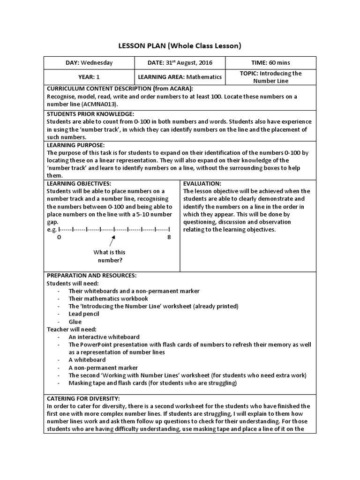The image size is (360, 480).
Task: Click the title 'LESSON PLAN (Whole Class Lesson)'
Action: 180,45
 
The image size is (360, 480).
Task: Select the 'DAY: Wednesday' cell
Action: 89,62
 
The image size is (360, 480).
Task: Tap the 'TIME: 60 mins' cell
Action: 270,62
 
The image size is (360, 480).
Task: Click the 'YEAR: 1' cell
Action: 89,77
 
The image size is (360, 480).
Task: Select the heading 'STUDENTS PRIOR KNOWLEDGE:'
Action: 90,114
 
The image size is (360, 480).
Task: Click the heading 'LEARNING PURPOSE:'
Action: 75,145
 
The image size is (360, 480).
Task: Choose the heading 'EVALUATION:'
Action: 202,183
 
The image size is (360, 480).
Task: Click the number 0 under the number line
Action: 59,238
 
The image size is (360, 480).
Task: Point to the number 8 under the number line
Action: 169,238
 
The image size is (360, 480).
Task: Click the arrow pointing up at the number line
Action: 113,241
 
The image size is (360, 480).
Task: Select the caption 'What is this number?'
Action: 110,256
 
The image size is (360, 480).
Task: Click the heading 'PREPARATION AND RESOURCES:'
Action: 91,276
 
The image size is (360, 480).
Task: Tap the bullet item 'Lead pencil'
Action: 83,314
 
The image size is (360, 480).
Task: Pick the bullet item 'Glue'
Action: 75,322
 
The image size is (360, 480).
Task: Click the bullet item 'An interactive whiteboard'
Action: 104,337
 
